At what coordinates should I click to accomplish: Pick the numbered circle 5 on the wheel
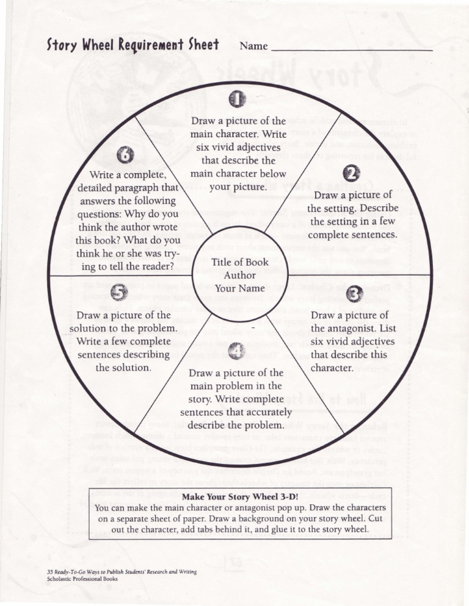coord(119,293)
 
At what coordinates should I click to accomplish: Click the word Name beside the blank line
coord(253,46)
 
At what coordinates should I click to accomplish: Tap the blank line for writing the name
coord(351,49)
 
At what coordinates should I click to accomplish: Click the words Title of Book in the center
coord(235,262)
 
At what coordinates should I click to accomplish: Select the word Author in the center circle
coord(235,275)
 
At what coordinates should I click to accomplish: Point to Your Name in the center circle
coord(235,288)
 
